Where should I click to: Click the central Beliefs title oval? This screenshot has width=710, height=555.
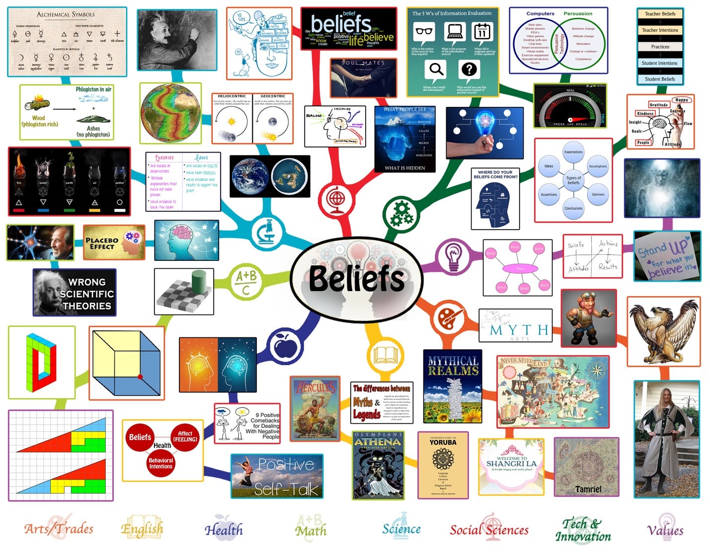(x=356, y=278)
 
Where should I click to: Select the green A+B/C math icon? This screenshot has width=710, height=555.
(x=245, y=282)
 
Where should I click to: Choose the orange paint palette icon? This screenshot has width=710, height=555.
(x=449, y=318)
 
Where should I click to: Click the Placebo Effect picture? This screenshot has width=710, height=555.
(x=114, y=242)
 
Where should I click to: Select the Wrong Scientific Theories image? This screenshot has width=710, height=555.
(x=75, y=293)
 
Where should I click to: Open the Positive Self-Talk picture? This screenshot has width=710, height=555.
(x=277, y=476)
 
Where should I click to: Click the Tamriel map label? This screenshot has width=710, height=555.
(x=588, y=489)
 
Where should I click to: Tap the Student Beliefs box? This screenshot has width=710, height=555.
(x=660, y=79)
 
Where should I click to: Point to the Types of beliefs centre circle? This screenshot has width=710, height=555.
(x=573, y=180)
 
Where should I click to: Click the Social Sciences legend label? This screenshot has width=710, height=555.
(x=489, y=530)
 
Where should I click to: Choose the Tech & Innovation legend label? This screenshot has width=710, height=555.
(x=583, y=530)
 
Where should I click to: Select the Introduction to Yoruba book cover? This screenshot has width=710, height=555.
(x=443, y=465)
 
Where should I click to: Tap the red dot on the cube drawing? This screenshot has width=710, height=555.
(x=140, y=377)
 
